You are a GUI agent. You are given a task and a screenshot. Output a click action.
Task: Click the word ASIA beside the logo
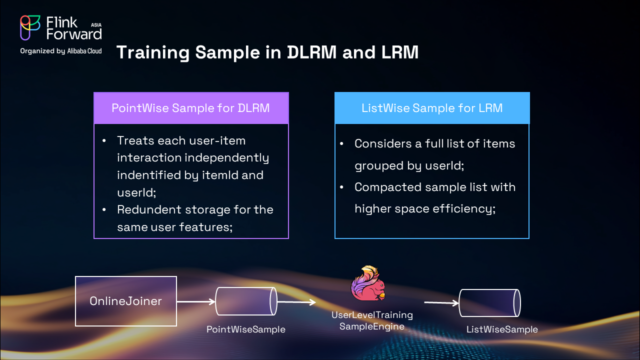(x=96, y=24)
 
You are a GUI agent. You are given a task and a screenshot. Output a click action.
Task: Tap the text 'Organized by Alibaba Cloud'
(x=61, y=51)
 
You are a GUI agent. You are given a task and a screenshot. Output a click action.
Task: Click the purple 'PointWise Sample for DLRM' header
(x=191, y=108)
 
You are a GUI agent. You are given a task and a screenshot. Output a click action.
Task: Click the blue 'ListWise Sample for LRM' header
(x=432, y=108)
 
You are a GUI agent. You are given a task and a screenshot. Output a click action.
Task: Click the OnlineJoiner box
(x=125, y=301)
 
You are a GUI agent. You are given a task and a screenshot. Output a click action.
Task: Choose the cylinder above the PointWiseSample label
(x=246, y=301)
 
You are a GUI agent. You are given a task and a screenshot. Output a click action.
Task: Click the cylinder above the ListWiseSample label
(x=490, y=303)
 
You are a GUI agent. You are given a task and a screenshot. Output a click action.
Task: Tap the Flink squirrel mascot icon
(x=368, y=284)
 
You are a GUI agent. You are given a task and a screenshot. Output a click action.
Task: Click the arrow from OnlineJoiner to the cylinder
(x=195, y=301)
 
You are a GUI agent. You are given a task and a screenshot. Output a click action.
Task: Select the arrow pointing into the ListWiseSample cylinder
(x=441, y=302)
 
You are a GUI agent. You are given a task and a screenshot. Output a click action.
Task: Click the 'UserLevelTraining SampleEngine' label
(x=372, y=320)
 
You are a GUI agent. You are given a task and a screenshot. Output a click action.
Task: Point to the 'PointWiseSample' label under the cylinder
(x=246, y=329)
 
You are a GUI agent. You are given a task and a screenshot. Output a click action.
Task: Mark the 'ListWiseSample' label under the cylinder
(x=502, y=329)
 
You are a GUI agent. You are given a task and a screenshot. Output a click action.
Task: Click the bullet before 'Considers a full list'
(x=342, y=144)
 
